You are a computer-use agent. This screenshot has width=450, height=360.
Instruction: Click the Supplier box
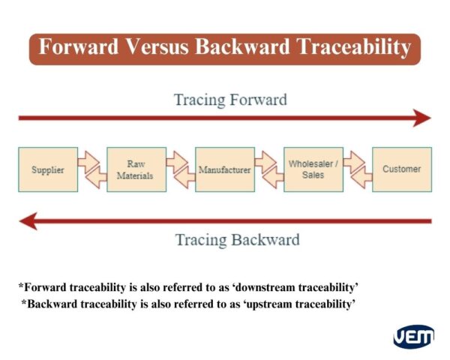[x=47, y=169]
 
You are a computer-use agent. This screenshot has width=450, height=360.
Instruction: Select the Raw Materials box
[x=136, y=169]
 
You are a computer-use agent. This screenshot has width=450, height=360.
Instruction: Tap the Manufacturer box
[x=224, y=169]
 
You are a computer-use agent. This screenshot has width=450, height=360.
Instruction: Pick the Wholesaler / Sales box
[x=313, y=169]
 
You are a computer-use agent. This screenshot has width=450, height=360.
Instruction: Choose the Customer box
[x=401, y=169]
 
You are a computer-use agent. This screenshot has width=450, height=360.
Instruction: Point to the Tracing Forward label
[x=230, y=99]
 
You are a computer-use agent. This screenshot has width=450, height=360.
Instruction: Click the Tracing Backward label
[x=237, y=240]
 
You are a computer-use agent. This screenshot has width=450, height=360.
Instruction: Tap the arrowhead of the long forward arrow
[x=422, y=118]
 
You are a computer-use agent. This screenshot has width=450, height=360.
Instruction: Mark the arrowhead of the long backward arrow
[x=28, y=220]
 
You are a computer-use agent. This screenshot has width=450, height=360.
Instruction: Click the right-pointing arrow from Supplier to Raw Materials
[x=89, y=161]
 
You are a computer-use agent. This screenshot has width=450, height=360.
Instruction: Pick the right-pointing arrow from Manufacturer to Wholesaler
[x=266, y=161]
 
